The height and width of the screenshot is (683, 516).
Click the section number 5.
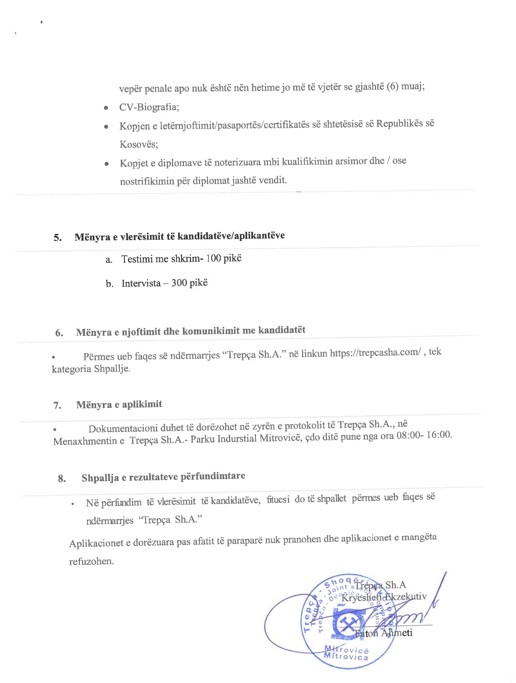point(57,238)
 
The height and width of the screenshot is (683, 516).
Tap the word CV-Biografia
point(149,107)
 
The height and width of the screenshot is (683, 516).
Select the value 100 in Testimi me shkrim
point(213,258)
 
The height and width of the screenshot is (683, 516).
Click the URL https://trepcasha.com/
point(375,353)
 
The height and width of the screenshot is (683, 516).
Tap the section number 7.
point(57,405)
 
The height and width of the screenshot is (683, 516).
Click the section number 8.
point(62,479)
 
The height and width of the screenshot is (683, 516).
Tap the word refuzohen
point(91,561)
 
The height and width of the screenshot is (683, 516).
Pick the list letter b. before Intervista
point(109,284)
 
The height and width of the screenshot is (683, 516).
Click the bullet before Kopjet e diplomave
point(107,164)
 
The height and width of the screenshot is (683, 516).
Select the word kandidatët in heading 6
point(282,330)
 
